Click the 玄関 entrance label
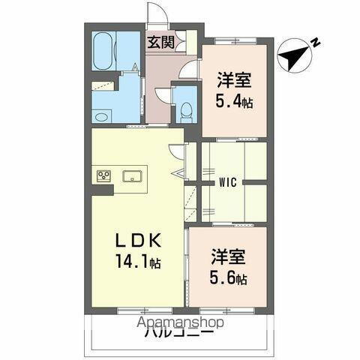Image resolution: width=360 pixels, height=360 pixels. point(160,43)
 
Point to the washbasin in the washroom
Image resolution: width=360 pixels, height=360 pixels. point(101,115)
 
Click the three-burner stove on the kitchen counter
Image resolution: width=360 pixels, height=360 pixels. point(103,176)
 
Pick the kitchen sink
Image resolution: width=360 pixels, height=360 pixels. point(133,177)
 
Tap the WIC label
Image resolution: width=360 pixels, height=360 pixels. point(229,181)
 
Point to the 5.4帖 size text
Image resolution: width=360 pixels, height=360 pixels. point(235,100)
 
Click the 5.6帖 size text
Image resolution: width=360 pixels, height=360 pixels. point(229,279)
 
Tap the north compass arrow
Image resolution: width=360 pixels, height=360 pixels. point(294,54)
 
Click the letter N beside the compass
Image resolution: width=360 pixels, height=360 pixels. point(316,43)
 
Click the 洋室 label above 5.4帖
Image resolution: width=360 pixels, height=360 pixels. point(234,79)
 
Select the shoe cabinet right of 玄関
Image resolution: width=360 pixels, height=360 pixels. point(190,40)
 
